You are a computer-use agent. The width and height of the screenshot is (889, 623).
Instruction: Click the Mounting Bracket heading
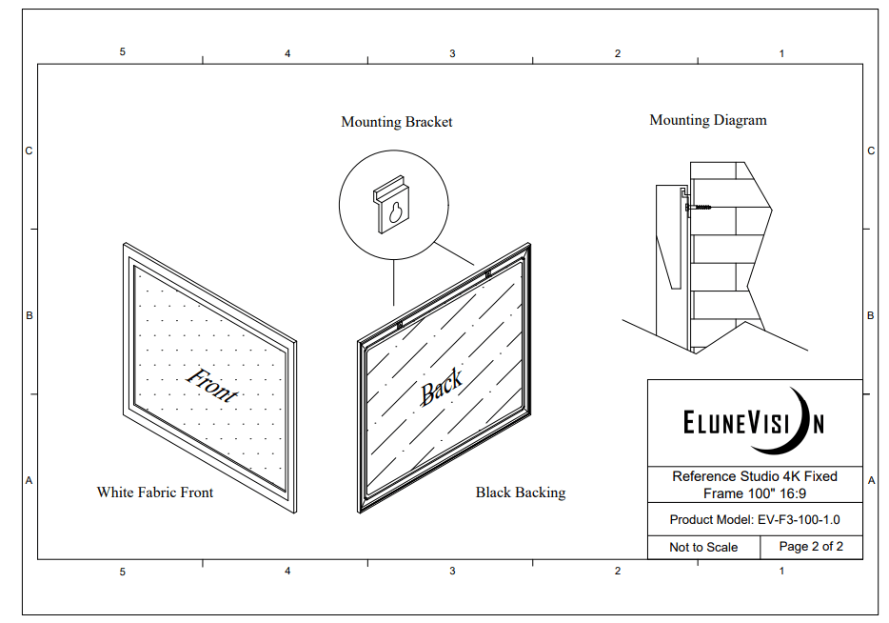(x=396, y=122)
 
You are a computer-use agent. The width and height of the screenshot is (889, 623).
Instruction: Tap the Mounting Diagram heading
(x=707, y=120)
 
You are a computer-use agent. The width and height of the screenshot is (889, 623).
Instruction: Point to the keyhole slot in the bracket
(x=395, y=212)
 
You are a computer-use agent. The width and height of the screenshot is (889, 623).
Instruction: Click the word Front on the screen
(x=212, y=385)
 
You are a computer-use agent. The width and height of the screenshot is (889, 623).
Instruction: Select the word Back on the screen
(x=441, y=387)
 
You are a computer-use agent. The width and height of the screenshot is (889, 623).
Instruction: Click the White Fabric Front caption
(x=155, y=492)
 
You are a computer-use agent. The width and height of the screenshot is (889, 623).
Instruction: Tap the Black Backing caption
(x=521, y=492)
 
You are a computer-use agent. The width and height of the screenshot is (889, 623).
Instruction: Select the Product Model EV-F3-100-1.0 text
(x=755, y=520)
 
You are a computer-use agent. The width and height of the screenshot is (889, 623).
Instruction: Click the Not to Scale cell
(x=703, y=548)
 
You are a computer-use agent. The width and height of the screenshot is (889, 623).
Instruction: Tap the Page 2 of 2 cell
(x=811, y=547)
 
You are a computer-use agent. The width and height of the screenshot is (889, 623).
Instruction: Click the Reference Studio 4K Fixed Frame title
(x=755, y=485)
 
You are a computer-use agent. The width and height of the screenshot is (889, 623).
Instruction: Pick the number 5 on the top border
(x=122, y=51)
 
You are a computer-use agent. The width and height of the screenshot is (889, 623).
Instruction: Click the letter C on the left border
(x=29, y=151)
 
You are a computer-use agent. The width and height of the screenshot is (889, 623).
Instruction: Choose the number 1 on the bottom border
(x=781, y=571)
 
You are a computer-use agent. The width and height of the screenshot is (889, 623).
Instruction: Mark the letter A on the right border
(x=872, y=480)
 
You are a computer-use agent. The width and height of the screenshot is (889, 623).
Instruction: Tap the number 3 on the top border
(x=452, y=53)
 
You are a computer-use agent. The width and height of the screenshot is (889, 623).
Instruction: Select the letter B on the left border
(x=29, y=315)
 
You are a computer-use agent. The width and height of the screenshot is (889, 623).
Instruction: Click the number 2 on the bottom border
(x=618, y=571)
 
